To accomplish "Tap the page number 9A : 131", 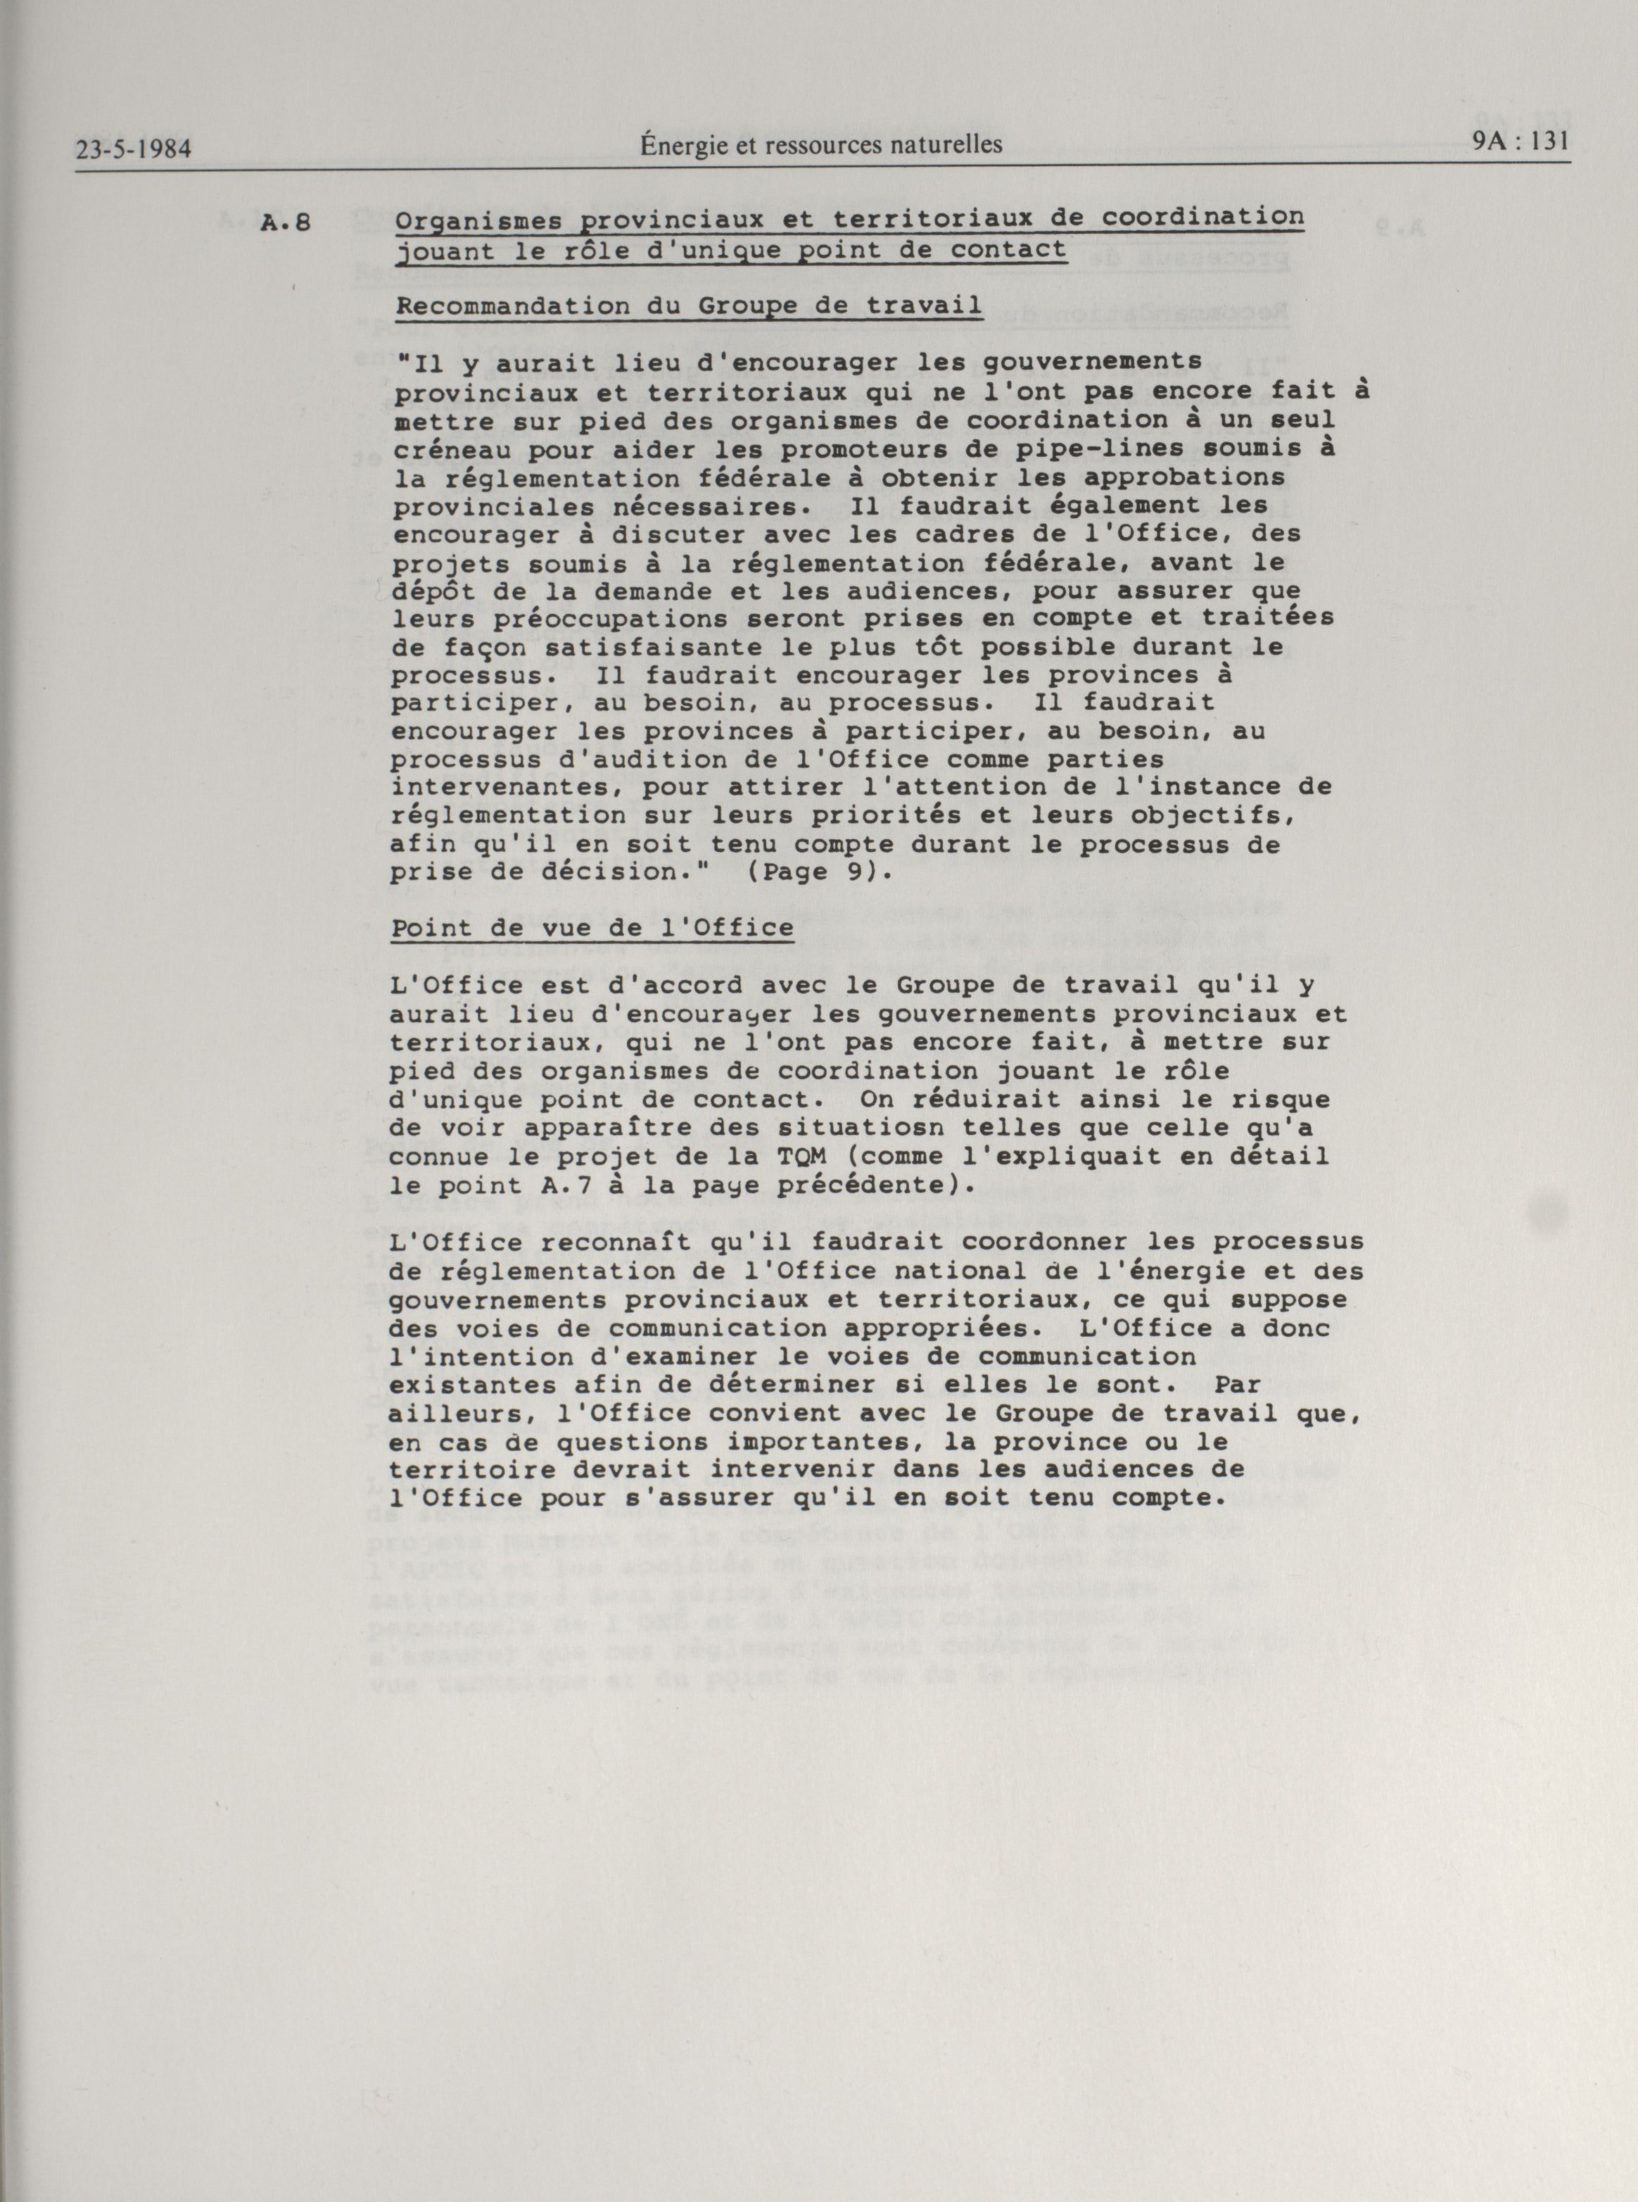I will (1521, 141).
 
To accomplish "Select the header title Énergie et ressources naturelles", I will (820, 145).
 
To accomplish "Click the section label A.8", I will (286, 222).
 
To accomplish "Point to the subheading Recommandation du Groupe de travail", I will (689, 306).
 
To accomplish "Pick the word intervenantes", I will (504, 788).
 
